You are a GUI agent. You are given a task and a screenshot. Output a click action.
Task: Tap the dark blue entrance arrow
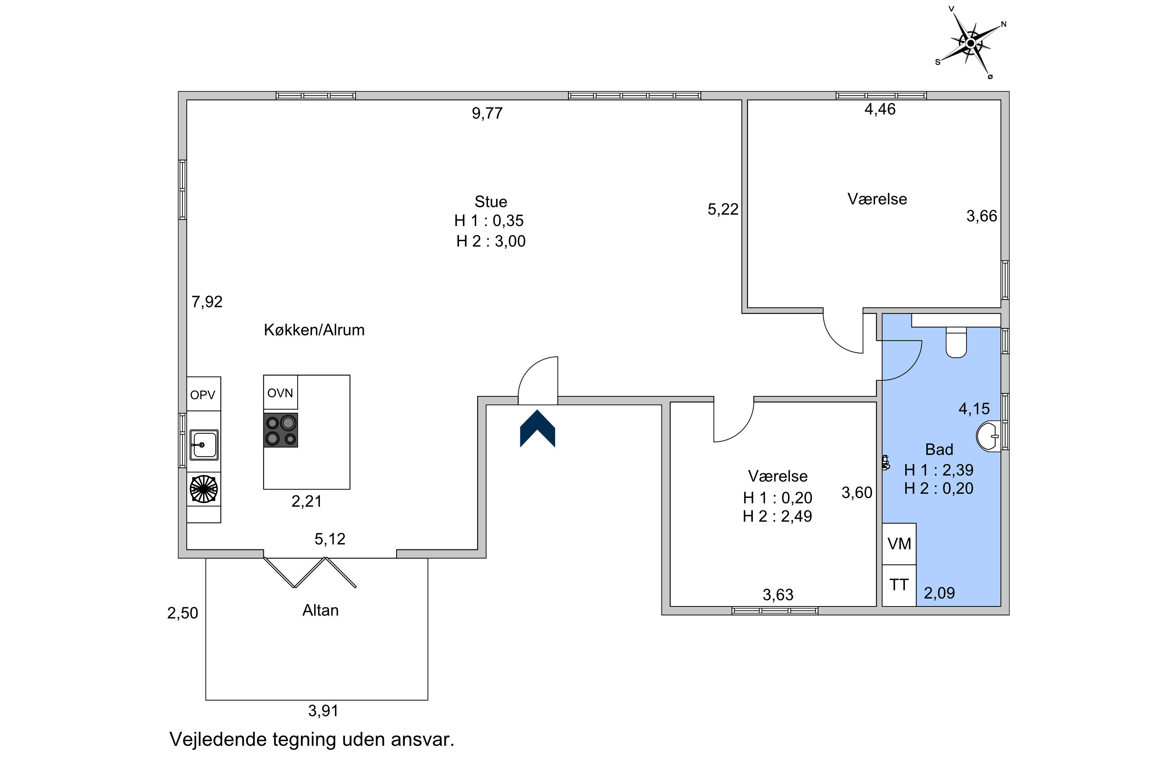pos(537,429)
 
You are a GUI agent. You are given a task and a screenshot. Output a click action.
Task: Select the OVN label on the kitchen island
pos(280,393)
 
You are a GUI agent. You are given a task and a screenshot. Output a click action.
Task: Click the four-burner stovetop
pos(281,430)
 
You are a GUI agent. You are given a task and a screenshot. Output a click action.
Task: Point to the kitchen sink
pos(204,444)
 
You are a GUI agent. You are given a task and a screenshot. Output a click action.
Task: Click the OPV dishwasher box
pos(203,394)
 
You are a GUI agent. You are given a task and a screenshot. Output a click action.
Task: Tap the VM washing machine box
pos(899,544)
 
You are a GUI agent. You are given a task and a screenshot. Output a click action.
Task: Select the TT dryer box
pos(899,585)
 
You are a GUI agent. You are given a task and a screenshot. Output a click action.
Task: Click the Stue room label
pos(491,202)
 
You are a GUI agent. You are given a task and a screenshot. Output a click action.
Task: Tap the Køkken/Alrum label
pos(314,330)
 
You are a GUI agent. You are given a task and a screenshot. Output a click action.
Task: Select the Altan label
pos(320,610)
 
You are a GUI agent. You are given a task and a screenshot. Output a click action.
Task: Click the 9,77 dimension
pos(487,114)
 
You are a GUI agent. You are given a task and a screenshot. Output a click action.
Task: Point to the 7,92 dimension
pos(207,302)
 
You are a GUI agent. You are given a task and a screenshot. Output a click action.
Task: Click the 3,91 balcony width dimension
pos(323,711)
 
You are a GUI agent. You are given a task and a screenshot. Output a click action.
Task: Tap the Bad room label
pos(939,449)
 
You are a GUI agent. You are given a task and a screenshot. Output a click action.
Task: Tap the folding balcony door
pos(310,572)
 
